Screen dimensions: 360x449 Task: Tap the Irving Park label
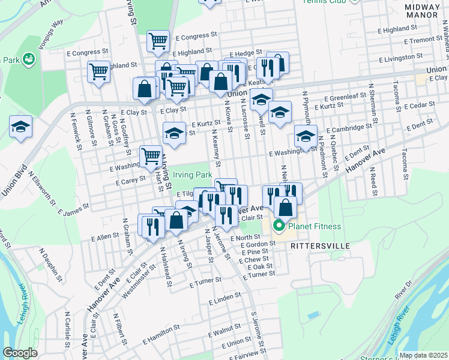pyautogui.click(x=193, y=175)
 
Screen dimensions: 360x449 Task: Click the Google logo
pyautogui.click(x=20, y=353)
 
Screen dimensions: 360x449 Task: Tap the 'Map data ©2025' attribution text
pyautogui.click(x=423, y=355)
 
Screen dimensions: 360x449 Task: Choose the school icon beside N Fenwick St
pyautogui.click(x=20, y=127)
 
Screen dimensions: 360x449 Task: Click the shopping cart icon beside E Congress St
pyautogui.click(x=158, y=41)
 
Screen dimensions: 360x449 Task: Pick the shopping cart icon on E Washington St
pyautogui.click(x=151, y=157)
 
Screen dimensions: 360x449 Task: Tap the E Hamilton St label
pyautogui.click(x=162, y=333)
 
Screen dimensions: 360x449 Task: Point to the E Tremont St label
pyautogui.click(x=423, y=40)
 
